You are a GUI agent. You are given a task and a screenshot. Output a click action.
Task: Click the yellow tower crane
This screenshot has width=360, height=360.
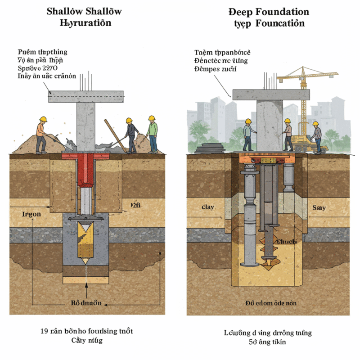(x=306, y=85)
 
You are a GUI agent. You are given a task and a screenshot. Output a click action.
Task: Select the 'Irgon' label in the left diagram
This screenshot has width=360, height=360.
(x=31, y=214)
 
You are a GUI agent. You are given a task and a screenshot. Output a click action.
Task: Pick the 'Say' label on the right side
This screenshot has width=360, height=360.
(x=319, y=208)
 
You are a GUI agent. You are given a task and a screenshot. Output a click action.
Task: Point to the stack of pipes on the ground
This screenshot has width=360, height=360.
(x=214, y=148)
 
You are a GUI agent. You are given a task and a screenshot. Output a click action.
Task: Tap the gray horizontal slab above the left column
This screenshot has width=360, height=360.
(x=86, y=95)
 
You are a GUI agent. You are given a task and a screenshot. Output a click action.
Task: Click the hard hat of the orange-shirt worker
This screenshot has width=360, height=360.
(x=43, y=119)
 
